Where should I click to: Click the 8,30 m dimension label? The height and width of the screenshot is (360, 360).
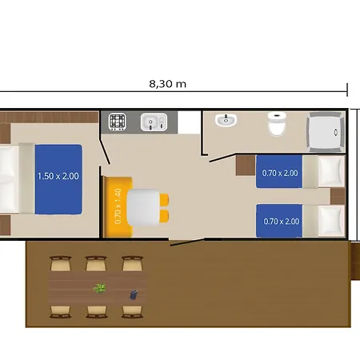(167, 84)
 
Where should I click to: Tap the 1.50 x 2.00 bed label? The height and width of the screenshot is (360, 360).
(58, 176)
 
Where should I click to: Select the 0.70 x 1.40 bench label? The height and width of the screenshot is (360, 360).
(118, 206)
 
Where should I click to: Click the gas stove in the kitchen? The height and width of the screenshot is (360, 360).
(118, 122)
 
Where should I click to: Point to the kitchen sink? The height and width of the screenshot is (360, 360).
(154, 122)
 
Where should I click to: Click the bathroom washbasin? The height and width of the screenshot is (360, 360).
(226, 120)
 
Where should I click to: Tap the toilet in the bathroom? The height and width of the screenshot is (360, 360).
(277, 124)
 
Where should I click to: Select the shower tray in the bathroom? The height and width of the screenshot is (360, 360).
(326, 132)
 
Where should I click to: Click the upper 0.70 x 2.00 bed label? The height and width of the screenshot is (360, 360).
(280, 173)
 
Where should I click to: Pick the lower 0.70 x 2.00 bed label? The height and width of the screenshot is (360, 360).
(282, 222)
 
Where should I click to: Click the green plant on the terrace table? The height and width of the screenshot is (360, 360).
(100, 288)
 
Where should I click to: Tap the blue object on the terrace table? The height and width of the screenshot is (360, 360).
(134, 294)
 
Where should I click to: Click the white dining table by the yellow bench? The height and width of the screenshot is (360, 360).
(143, 207)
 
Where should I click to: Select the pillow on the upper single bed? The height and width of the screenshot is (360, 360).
(331, 171)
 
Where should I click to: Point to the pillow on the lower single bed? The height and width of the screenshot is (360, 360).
(331, 220)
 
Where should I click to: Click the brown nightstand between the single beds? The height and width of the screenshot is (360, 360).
(338, 196)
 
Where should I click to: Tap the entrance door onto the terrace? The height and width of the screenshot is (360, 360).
(187, 242)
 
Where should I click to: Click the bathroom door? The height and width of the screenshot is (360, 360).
(222, 158)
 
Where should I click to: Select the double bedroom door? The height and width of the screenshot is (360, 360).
(105, 151)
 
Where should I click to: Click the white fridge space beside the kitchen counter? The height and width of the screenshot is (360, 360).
(189, 122)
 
